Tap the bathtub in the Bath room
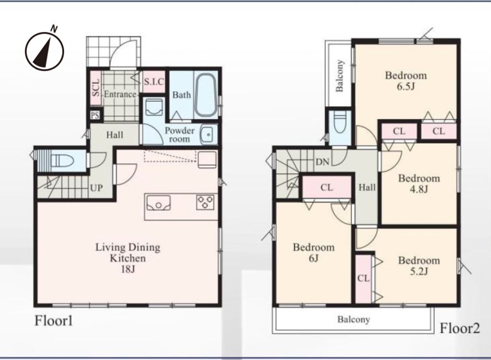[205, 95]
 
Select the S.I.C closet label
[154, 82]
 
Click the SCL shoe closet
[96, 88]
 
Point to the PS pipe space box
[96, 115]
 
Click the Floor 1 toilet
[62, 161]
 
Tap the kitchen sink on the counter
[158, 203]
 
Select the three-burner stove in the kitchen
[205, 202]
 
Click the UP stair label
[96, 188]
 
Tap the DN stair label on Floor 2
[322, 162]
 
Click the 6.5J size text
[406, 86]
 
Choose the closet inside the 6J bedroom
[327, 187]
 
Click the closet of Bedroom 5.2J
[363, 278]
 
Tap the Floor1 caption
[54, 321]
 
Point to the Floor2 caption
[460, 329]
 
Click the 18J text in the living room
[128, 269]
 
